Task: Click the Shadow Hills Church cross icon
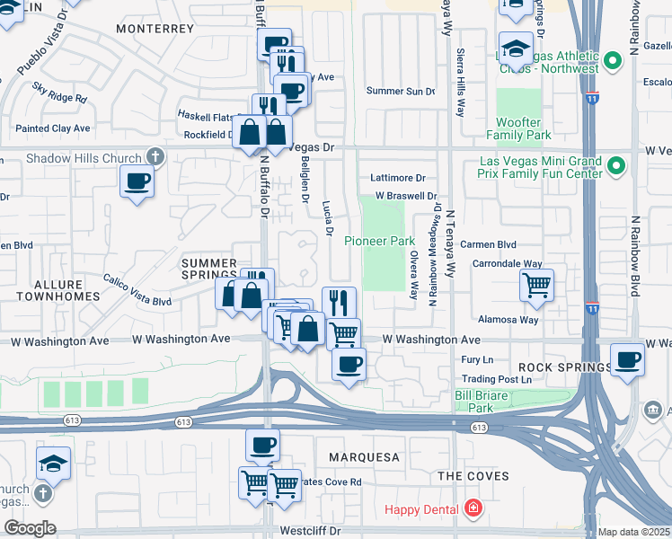[x=155, y=158]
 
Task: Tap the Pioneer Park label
[x=380, y=241]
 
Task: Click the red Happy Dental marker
[x=473, y=509]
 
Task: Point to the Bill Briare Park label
[x=474, y=401]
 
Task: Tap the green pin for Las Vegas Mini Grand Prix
[x=616, y=166]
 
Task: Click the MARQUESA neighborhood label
[x=363, y=457]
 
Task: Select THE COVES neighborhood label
[x=473, y=476]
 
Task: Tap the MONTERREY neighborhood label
[x=155, y=29]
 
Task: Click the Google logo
[x=29, y=527]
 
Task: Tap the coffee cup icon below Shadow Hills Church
[x=137, y=181]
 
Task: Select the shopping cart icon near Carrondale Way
[x=536, y=286]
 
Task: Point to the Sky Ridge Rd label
[x=59, y=93]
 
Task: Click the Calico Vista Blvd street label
[x=137, y=289]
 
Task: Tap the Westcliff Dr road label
[x=311, y=531]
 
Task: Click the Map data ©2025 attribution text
[x=633, y=532]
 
